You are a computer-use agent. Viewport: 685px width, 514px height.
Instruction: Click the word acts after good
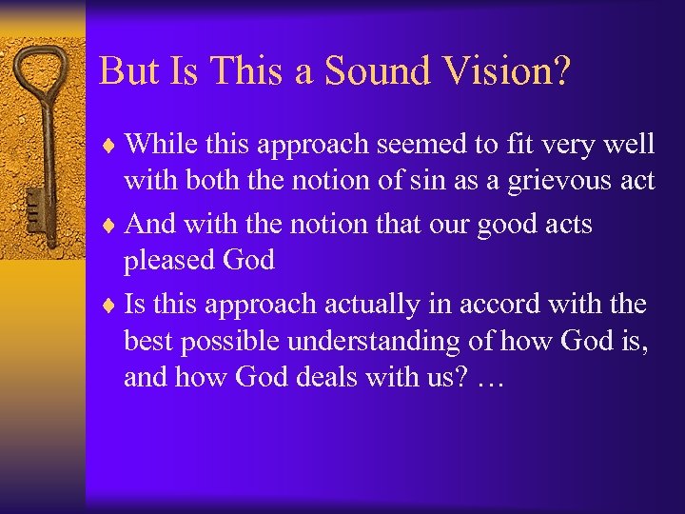click(x=565, y=225)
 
